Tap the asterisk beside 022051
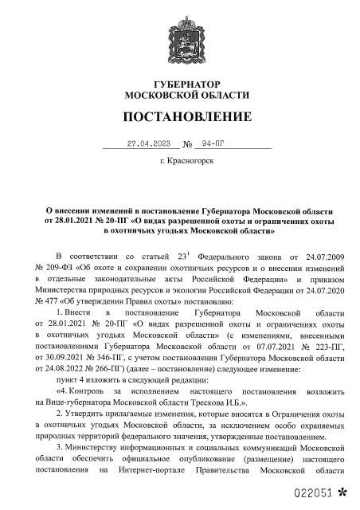[x=343, y=492]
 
